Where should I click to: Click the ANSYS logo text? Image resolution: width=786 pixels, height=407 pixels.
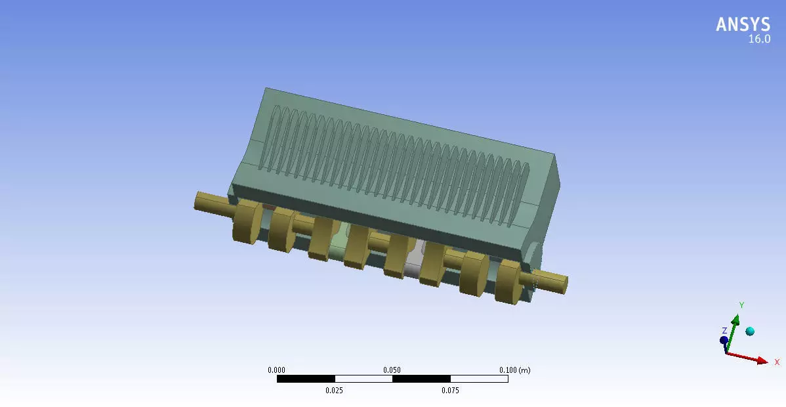point(743,24)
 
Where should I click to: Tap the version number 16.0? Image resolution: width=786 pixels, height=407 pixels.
point(759,39)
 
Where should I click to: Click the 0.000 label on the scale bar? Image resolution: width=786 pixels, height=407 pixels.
point(276,370)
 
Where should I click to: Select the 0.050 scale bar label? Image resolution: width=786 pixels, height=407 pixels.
point(392,370)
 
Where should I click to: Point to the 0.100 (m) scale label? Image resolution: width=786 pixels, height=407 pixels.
point(514,370)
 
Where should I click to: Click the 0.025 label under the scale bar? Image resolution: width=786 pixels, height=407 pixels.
point(334,391)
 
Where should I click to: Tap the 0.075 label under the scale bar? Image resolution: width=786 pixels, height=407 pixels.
point(450,391)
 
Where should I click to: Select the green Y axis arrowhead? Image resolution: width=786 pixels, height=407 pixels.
point(736,320)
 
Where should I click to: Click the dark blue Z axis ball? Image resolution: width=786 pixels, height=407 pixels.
point(724,340)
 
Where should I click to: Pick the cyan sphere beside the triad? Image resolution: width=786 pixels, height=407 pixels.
point(750,332)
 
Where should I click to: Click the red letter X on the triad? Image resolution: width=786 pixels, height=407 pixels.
point(777,362)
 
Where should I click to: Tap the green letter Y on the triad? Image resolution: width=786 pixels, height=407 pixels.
point(741,305)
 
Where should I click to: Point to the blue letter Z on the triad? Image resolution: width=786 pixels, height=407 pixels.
point(724,331)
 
